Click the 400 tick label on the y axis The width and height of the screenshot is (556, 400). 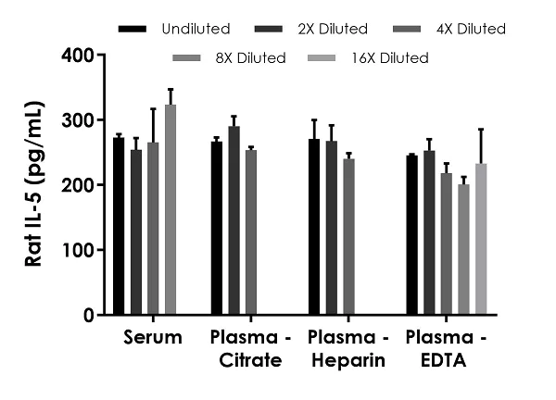pyautogui.click(x=77, y=56)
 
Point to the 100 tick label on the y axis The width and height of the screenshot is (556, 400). pyautogui.click(x=77, y=250)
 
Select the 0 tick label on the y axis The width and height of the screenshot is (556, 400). pyautogui.click(x=88, y=315)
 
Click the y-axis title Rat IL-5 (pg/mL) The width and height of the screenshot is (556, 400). pyautogui.click(x=34, y=185)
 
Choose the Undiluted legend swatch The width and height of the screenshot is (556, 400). pyautogui.click(x=133, y=30)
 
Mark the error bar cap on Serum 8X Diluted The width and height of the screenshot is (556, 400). pyautogui.click(x=171, y=90)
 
